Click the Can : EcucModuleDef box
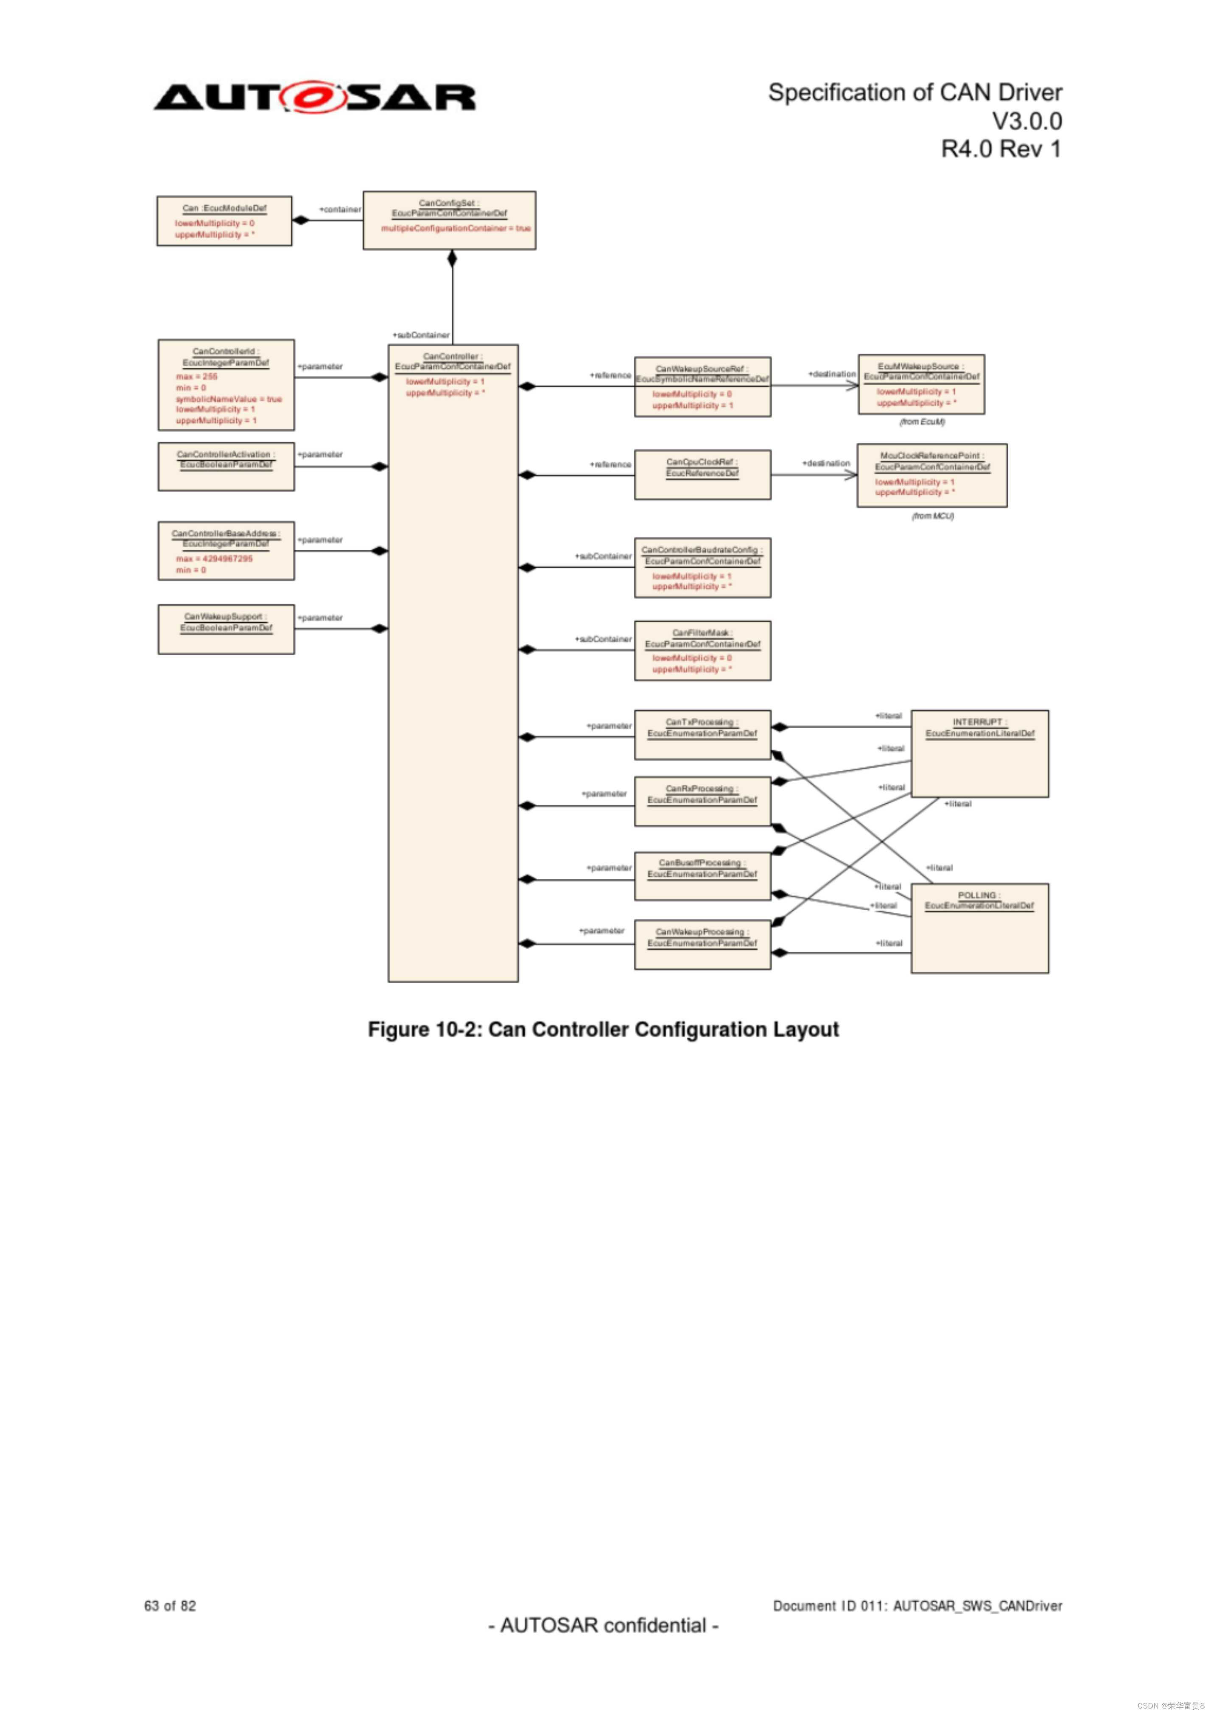[224, 221]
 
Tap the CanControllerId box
[226, 385]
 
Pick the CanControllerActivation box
[226, 467]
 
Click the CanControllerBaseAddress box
[226, 551]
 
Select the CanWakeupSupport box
[226, 629]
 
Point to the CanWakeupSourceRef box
[702, 387]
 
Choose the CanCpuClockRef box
[702, 475]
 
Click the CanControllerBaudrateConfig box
[702, 568]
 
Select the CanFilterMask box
[702, 651]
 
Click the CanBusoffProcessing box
[702, 876]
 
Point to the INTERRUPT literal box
[979, 754]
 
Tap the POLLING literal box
[979, 928]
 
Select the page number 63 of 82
[170, 1606]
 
